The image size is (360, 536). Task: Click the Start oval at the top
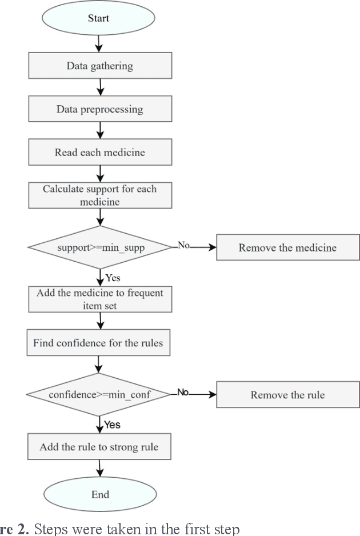99,18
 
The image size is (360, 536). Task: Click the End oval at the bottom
100,494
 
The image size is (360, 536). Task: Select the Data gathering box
99,66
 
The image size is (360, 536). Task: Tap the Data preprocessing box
99,109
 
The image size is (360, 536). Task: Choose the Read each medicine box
99,153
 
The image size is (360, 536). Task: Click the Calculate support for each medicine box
99,195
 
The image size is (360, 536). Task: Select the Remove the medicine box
287,248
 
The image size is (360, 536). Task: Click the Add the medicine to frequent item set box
99,299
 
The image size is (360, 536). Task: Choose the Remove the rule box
287,395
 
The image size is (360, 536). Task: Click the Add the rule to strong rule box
99,447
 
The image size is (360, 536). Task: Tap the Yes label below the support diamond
112,277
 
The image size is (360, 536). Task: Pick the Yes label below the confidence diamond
112,425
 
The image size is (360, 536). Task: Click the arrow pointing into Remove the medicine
203,248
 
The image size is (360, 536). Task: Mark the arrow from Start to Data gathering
100,43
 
